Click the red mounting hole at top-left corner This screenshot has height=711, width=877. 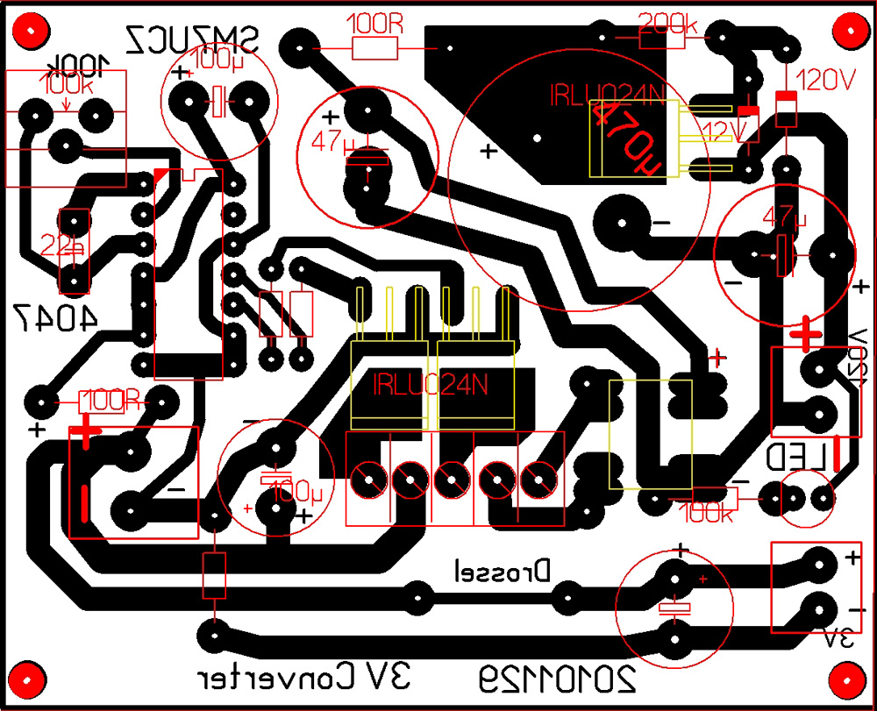click(x=32, y=33)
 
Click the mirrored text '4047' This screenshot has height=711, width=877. click(x=54, y=318)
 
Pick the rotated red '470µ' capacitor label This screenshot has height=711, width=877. click(x=627, y=140)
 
